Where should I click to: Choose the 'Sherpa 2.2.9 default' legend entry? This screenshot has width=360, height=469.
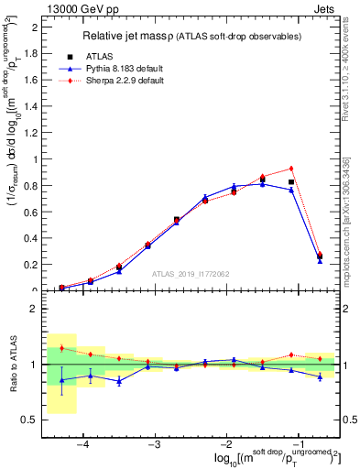click(119, 82)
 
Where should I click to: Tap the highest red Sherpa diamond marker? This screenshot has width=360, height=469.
click(290, 169)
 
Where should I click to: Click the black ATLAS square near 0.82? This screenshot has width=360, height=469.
click(290, 182)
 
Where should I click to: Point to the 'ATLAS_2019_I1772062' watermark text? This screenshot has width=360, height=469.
click(190, 274)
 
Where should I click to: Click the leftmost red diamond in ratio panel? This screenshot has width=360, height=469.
click(61, 348)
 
